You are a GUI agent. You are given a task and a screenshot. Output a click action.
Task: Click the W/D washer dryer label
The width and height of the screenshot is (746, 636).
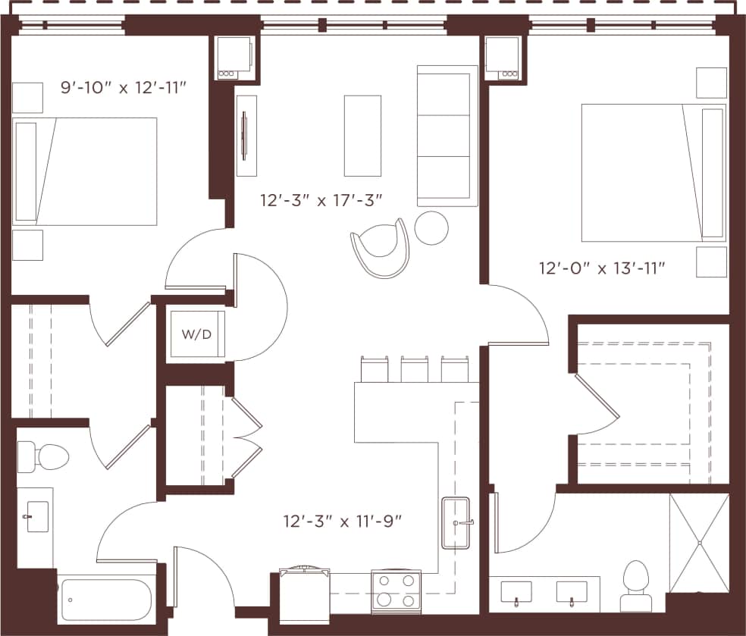pyautogui.click(x=196, y=334)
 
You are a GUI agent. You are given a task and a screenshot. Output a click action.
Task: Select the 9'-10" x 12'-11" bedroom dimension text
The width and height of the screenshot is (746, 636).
pyautogui.click(x=124, y=87)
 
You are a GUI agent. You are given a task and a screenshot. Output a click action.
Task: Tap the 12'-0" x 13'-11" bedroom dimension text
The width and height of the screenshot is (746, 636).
pyautogui.click(x=602, y=268)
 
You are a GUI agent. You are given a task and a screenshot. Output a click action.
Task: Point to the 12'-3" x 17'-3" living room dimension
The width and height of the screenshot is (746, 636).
pyautogui.click(x=321, y=201)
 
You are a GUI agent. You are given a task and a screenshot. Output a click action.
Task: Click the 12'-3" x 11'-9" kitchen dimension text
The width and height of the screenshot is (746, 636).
pyautogui.click(x=342, y=521)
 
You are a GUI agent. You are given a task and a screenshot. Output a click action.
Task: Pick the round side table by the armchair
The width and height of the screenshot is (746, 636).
pyautogui.click(x=431, y=227)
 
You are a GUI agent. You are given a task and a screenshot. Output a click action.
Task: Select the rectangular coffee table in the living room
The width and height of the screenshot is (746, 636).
pyautogui.click(x=362, y=136)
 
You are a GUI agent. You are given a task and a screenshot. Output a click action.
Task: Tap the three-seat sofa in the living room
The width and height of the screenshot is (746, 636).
pyautogui.click(x=447, y=136)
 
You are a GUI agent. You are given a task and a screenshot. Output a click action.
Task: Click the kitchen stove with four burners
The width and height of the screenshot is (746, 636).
pyautogui.click(x=396, y=590)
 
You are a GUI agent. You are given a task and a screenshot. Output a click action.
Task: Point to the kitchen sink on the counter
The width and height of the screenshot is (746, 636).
pyautogui.click(x=456, y=523)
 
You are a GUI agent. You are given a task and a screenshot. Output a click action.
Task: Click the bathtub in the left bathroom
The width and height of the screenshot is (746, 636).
pyautogui.click(x=106, y=600)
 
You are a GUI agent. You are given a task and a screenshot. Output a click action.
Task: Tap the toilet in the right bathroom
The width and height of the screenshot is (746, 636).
pyautogui.click(x=635, y=585)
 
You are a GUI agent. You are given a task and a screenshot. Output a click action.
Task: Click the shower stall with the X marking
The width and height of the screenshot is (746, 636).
pyautogui.click(x=698, y=542)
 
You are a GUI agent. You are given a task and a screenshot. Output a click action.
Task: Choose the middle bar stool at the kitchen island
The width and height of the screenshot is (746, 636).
pyautogui.click(x=415, y=369)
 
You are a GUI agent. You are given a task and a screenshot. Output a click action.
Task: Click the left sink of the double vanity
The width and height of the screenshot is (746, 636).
pyautogui.click(x=516, y=592)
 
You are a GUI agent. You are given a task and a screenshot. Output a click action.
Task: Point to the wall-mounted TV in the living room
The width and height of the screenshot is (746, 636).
pyautogui.click(x=245, y=136)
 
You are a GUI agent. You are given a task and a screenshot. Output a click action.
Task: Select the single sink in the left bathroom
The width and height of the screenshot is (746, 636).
pyautogui.click(x=36, y=517)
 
